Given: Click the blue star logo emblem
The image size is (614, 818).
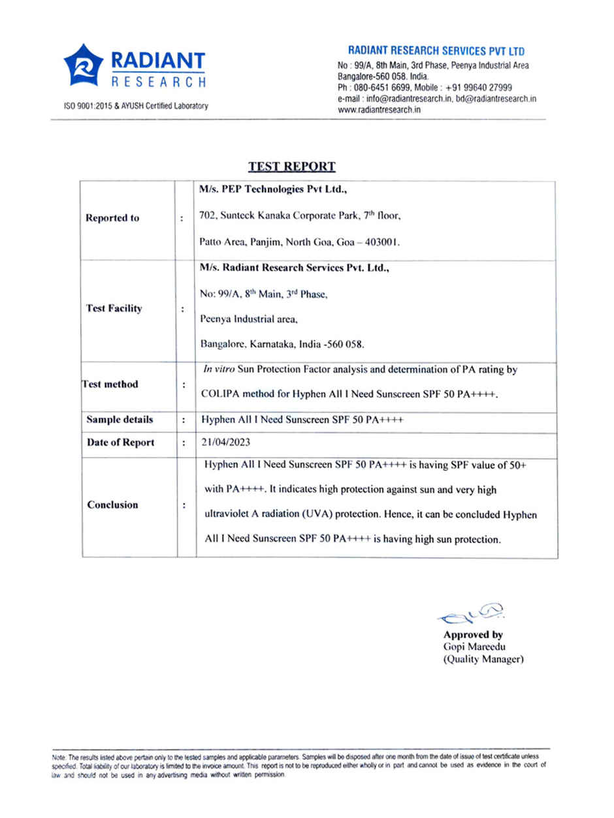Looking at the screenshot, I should tap(83, 65).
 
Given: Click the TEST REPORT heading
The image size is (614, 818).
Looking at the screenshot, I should tap(291, 166).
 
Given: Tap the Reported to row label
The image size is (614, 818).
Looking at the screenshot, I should tap(112, 218).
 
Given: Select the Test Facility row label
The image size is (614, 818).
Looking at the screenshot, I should tap(114, 308).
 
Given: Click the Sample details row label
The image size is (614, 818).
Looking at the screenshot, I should tap(120, 420).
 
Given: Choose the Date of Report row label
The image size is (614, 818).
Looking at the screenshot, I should tap(120, 443).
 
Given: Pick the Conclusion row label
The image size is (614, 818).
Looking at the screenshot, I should tap(112, 505).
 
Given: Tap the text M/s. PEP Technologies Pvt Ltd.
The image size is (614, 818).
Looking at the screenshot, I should tap(273, 191).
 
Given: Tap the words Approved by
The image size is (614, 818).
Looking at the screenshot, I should tap(473, 635).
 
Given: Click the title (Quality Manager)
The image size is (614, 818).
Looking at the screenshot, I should tap(483, 659).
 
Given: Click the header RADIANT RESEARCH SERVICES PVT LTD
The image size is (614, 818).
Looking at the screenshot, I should tap(436, 51).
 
